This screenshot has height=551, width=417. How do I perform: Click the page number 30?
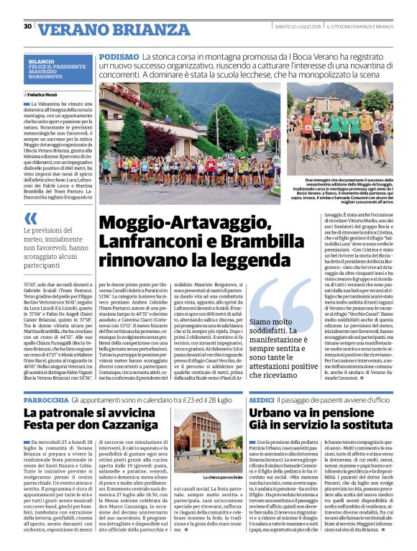28,27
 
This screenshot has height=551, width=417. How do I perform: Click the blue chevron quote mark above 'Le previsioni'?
30,219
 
